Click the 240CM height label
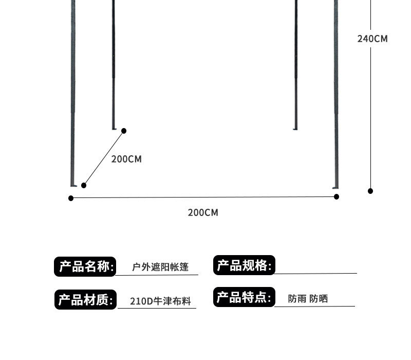(372, 39)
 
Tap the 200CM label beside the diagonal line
(126, 159)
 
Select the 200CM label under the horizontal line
(203, 212)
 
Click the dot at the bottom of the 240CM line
(370, 191)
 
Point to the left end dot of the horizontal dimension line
(71, 198)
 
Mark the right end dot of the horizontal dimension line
(337, 196)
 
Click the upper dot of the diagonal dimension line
(123, 131)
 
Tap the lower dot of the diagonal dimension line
(84, 185)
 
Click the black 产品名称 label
(85, 266)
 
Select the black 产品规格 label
(244, 265)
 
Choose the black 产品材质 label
(85, 300)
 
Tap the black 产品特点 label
(244, 297)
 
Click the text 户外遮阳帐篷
(160, 267)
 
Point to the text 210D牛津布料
(160, 301)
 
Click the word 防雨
(297, 298)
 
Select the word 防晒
(319, 298)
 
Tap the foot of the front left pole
(73, 184)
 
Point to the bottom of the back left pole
(114, 127)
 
